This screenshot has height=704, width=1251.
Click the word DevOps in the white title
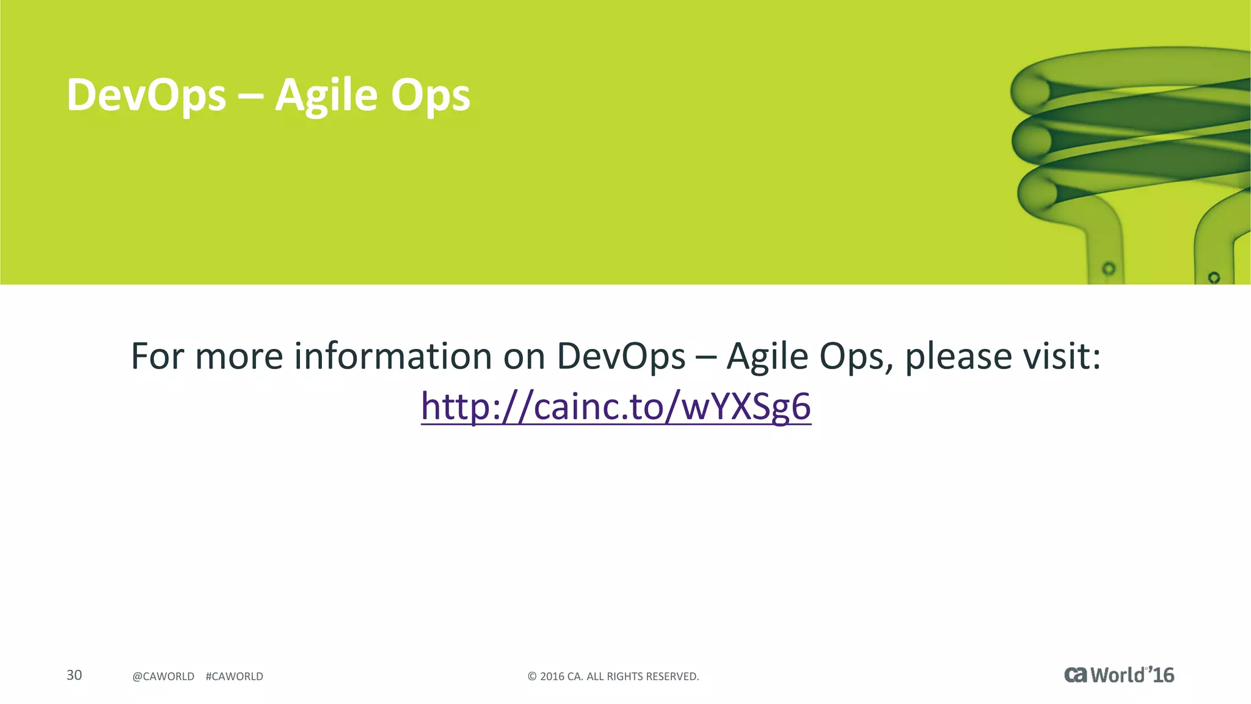tap(146, 95)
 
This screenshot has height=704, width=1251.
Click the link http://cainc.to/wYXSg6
tap(616, 406)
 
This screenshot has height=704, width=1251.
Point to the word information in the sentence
tap(393, 356)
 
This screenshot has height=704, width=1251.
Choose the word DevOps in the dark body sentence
tap(621, 357)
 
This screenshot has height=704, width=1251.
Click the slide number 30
tap(74, 675)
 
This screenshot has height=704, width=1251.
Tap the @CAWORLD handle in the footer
tap(163, 676)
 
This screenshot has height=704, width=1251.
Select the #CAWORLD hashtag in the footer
tap(235, 676)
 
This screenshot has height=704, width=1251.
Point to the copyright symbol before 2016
tap(532, 676)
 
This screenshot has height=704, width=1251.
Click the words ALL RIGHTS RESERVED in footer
tap(643, 676)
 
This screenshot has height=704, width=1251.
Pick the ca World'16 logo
tap(1119, 675)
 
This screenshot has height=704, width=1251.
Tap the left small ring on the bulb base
tap(1109, 268)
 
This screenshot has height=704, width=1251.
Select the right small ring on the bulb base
tap(1214, 277)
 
